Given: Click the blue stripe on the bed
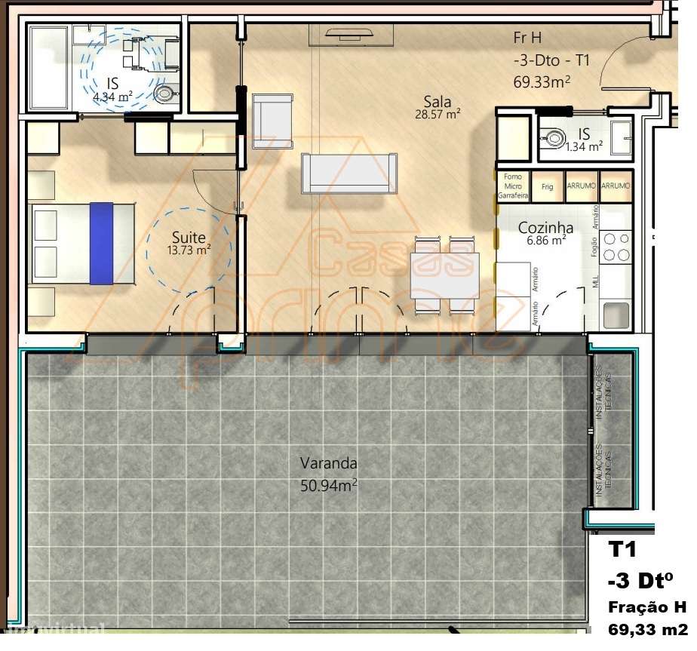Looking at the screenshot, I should [100, 243].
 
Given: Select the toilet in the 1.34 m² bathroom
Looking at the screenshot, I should [555, 138].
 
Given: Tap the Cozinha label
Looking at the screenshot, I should [545, 228].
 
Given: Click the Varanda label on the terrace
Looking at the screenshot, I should [328, 463].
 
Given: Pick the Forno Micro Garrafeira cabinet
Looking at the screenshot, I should [513, 186].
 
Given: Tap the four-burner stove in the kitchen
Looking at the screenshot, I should [617, 247].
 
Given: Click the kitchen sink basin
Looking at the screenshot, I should [615, 315].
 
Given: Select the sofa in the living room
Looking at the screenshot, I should [348, 173].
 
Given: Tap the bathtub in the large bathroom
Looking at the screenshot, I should [49, 67].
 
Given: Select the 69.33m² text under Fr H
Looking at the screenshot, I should [541, 81].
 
